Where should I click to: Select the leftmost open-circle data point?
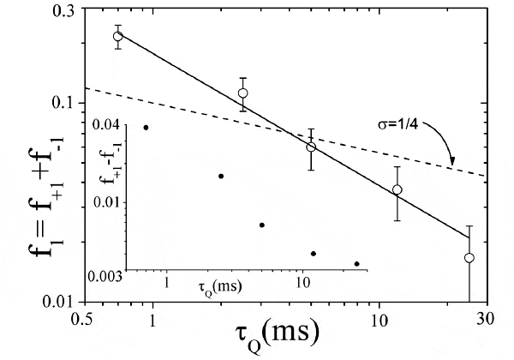click(x=118, y=36)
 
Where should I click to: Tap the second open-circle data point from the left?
click(x=243, y=93)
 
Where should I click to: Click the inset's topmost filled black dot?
click(x=146, y=127)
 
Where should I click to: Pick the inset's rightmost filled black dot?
click(x=356, y=264)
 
